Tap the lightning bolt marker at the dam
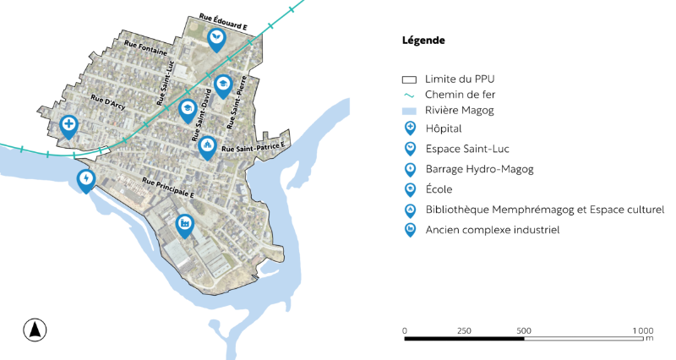[x=85, y=179]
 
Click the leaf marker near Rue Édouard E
[x=217, y=38]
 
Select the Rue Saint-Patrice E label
[x=254, y=148]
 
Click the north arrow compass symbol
[x=35, y=330]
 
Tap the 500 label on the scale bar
[x=523, y=330]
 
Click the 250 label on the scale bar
[x=464, y=330]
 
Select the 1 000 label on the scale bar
[x=642, y=330]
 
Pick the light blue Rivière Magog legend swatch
[x=410, y=111]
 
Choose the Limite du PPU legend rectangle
[x=410, y=79]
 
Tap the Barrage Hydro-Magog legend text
[x=479, y=169]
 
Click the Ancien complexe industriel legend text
[x=493, y=230]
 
